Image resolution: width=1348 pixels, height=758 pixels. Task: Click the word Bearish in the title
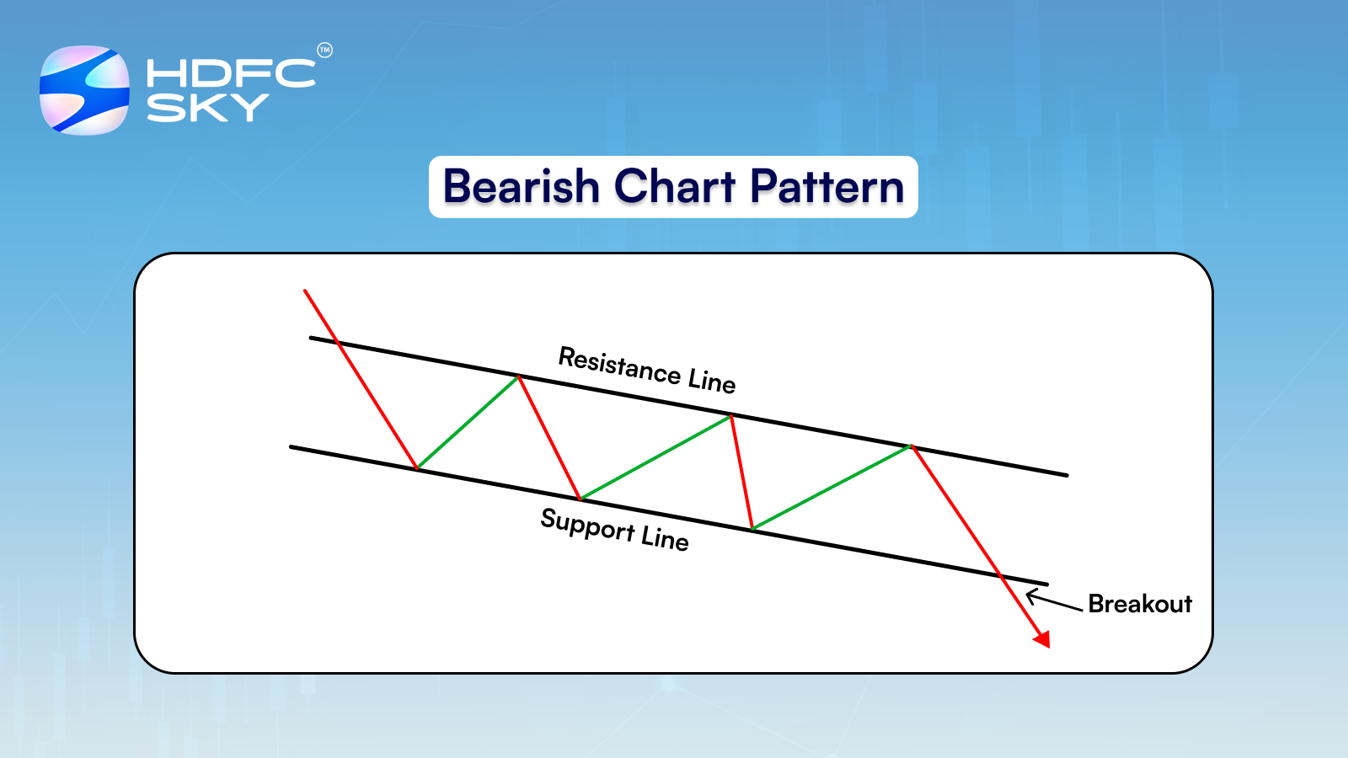tap(521, 187)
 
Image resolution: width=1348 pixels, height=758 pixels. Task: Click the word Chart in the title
tap(674, 187)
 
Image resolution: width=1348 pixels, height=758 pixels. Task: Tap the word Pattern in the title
tap(826, 187)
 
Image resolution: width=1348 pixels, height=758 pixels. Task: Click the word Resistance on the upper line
tap(619, 366)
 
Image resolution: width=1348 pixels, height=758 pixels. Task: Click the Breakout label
tap(1140, 604)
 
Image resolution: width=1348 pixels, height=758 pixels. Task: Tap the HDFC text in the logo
tap(230, 73)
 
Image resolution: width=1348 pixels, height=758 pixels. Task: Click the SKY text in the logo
tap(207, 108)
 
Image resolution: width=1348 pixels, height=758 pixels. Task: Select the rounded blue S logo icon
tap(85, 90)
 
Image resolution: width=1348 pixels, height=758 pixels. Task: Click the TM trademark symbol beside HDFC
tap(324, 51)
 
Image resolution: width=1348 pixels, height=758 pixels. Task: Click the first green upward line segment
tap(468, 422)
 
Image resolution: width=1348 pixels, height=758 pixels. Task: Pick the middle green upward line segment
tap(655, 457)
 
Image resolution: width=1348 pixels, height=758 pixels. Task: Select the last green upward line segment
tap(832, 488)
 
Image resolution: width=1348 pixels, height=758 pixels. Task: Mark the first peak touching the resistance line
tap(519, 376)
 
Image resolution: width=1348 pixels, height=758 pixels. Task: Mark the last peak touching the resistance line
tap(912, 446)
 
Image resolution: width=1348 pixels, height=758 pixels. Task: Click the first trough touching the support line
tap(417, 468)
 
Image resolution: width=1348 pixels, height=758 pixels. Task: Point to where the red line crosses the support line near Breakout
tap(1001, 576)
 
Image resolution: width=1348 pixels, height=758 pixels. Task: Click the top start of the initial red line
tap(306, 291)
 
